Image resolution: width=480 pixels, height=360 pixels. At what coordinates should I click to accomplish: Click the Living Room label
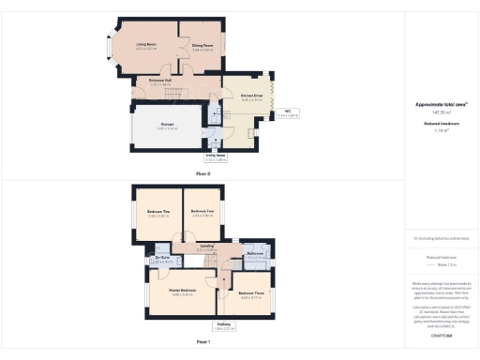145,44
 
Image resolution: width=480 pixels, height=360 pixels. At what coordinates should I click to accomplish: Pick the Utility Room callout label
217,157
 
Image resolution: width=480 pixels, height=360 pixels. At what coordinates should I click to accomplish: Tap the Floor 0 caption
202,174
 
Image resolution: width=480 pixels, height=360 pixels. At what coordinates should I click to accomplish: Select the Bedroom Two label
158,212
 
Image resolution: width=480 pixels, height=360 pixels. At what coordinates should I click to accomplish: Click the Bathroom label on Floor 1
255,254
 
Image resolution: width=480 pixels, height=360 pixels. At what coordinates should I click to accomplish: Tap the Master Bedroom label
180,291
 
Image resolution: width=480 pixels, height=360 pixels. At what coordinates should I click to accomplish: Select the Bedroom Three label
250,294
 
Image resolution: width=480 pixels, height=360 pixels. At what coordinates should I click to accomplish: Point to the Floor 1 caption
202,342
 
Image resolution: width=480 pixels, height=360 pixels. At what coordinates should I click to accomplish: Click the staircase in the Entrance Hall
169,95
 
